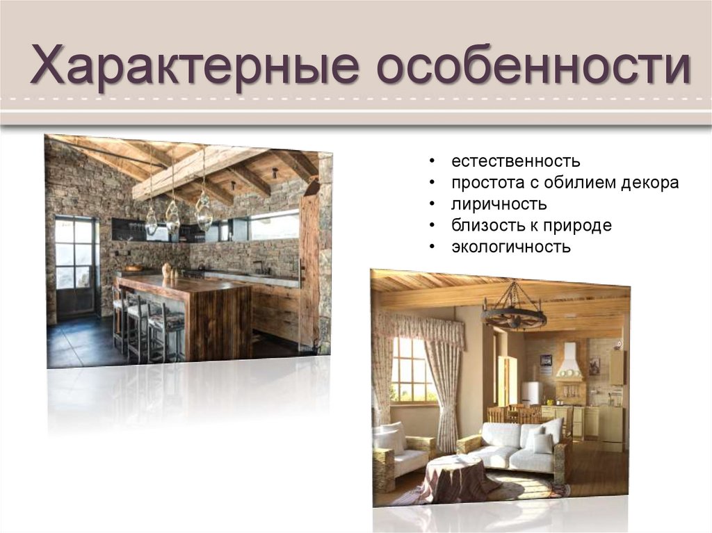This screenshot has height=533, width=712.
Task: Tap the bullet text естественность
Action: [x=515, y=162]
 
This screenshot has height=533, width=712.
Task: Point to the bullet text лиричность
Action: [x=499, y=204]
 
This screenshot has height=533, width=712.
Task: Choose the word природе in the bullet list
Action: [x=578, y=225]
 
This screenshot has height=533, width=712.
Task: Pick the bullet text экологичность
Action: [x=510, y=247]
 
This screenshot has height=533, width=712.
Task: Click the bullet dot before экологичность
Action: [x=432, y=247]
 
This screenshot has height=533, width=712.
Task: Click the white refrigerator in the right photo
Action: [x=531, y=393]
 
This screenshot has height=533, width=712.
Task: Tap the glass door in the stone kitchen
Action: [x=74, y=267]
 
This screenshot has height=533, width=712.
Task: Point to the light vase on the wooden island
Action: [x=166, y=270]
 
